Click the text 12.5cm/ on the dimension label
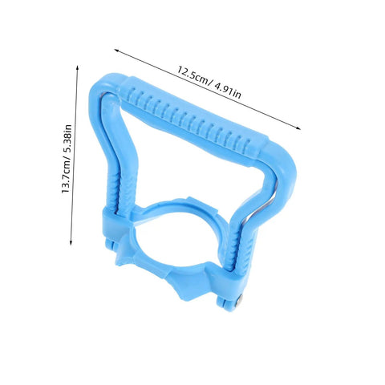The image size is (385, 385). pyautogui.click(x=192, y=75)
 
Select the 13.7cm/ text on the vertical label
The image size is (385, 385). pyautogui.click(x=67, y=174)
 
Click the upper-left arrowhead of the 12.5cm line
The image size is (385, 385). pyautogui.click(x=116, y=51)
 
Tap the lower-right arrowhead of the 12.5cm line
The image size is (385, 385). pyautogui.click(x=298, y=128)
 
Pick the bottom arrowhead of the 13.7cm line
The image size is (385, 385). pyautogui.click(x=71, y=243)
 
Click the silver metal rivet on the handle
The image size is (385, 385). pyautogui.click(x=240, y=298)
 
